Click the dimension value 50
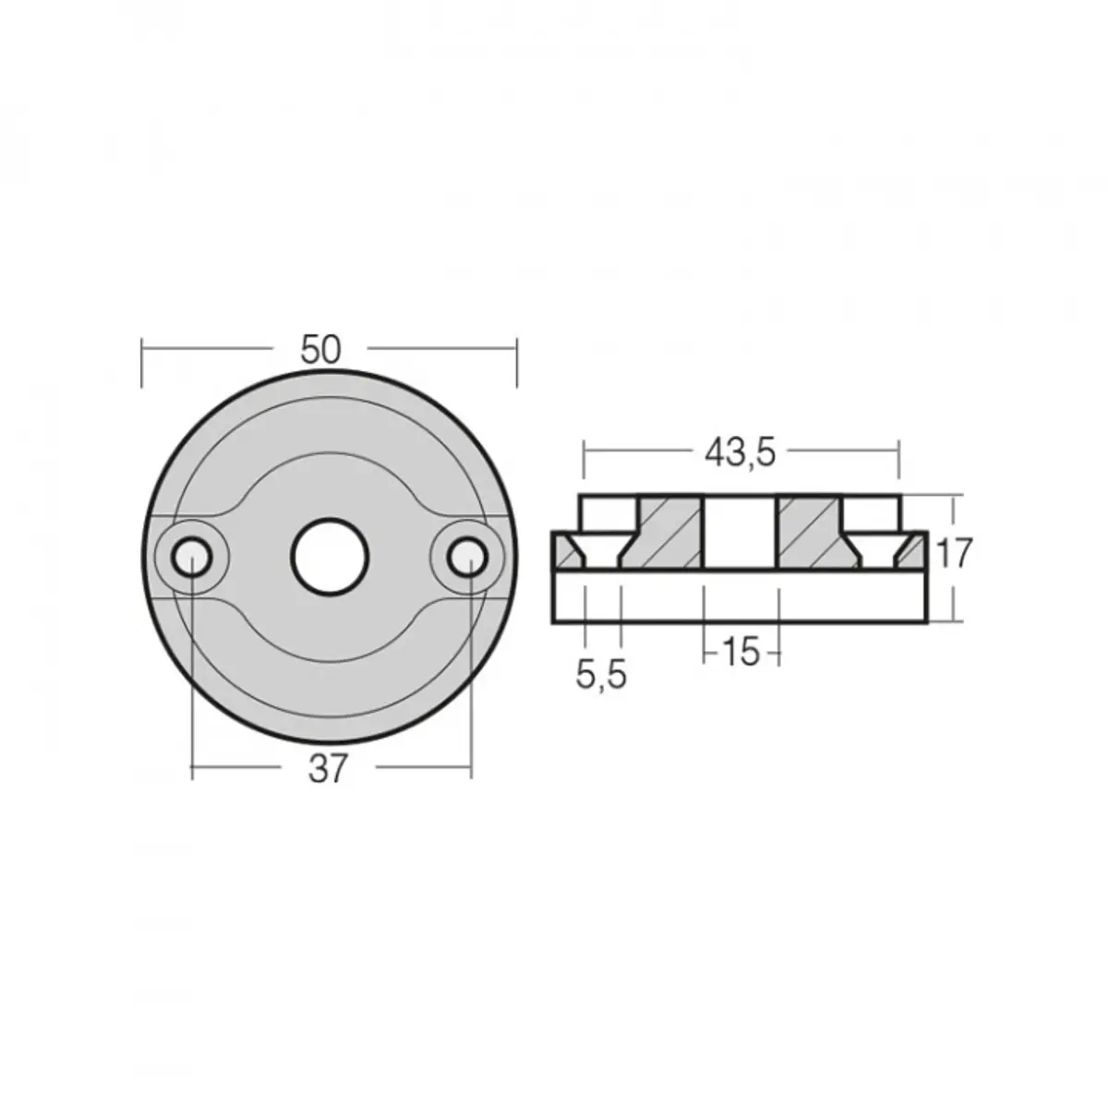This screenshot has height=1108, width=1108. click(320, 349)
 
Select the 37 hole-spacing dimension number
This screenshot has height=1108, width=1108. click(328, 768)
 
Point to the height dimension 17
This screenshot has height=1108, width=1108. click(954, 554)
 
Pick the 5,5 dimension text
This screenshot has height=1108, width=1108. click(601, 676)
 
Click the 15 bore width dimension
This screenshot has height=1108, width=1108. click(741, 653)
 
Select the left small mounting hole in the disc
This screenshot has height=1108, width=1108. click(190, 557)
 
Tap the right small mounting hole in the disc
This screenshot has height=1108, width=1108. click(468, 557)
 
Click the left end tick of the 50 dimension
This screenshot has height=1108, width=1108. click(141, 362)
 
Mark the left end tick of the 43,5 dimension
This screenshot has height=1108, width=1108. click(584, 464)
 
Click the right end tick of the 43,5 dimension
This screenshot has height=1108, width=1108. click(898, 464)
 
